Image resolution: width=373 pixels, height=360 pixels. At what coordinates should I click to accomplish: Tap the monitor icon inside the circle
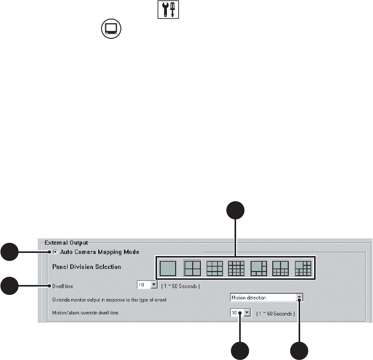[x=111, y=28]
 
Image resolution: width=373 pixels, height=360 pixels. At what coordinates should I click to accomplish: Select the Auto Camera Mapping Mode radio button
[x=55, y=252]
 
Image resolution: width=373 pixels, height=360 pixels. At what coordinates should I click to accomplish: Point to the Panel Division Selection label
[x=87, y=267]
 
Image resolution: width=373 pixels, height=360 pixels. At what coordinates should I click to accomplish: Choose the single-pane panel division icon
[x=168, y=268]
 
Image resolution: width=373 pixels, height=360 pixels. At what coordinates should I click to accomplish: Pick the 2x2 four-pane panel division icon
[x=192, y=268]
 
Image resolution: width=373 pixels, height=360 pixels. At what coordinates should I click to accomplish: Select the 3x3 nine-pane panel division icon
[x=214, y=268]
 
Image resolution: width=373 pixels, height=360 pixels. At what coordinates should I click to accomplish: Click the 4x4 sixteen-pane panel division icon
[x=236, y=268]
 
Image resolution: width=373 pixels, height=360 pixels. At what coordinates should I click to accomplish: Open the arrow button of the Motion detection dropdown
[x=299, y=298]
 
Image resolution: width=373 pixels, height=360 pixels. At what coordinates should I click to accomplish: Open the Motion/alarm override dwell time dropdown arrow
[x=247, y=312]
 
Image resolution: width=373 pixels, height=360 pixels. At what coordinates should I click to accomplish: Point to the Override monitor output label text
[x=117, y=299]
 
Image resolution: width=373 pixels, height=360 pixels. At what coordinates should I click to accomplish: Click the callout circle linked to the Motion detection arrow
[x=299, y=350]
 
